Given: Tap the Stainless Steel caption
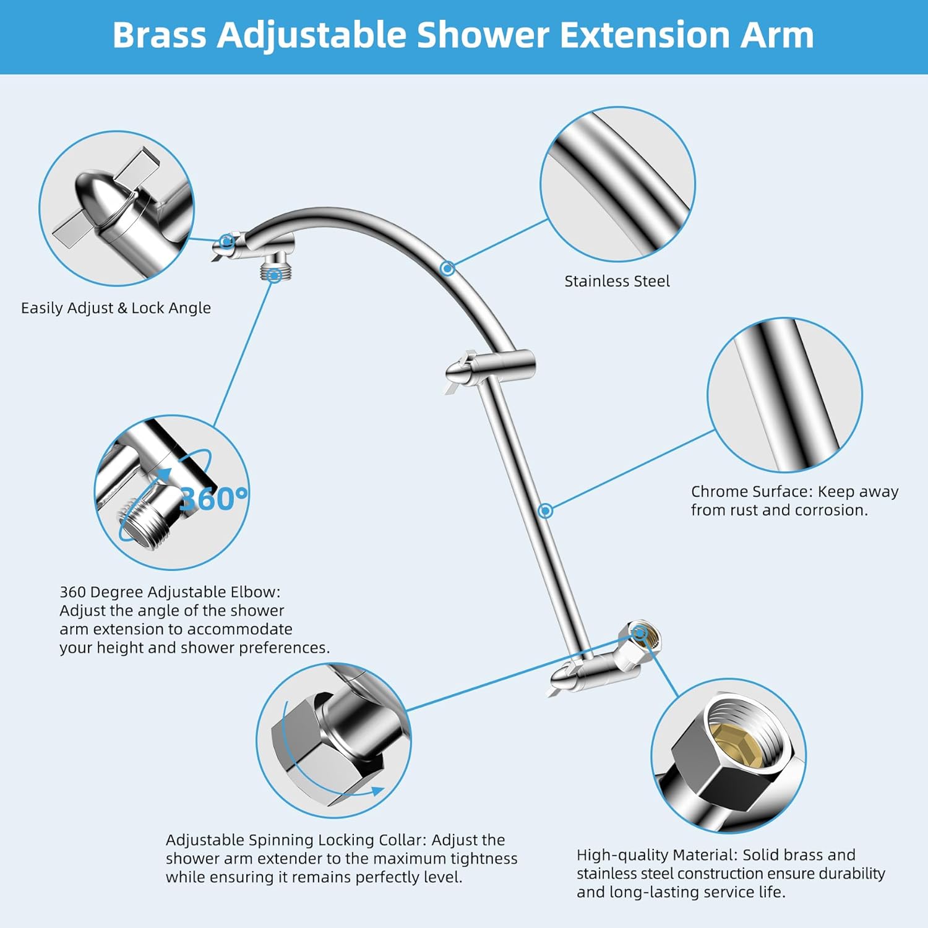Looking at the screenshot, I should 617,281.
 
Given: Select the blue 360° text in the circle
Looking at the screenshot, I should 213,499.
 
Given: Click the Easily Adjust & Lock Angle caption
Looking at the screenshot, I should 116,308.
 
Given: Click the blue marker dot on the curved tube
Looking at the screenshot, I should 448,269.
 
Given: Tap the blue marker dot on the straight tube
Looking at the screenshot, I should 545,510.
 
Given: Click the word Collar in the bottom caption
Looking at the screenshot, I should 402,840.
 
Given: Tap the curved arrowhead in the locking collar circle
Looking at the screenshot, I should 376,791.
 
